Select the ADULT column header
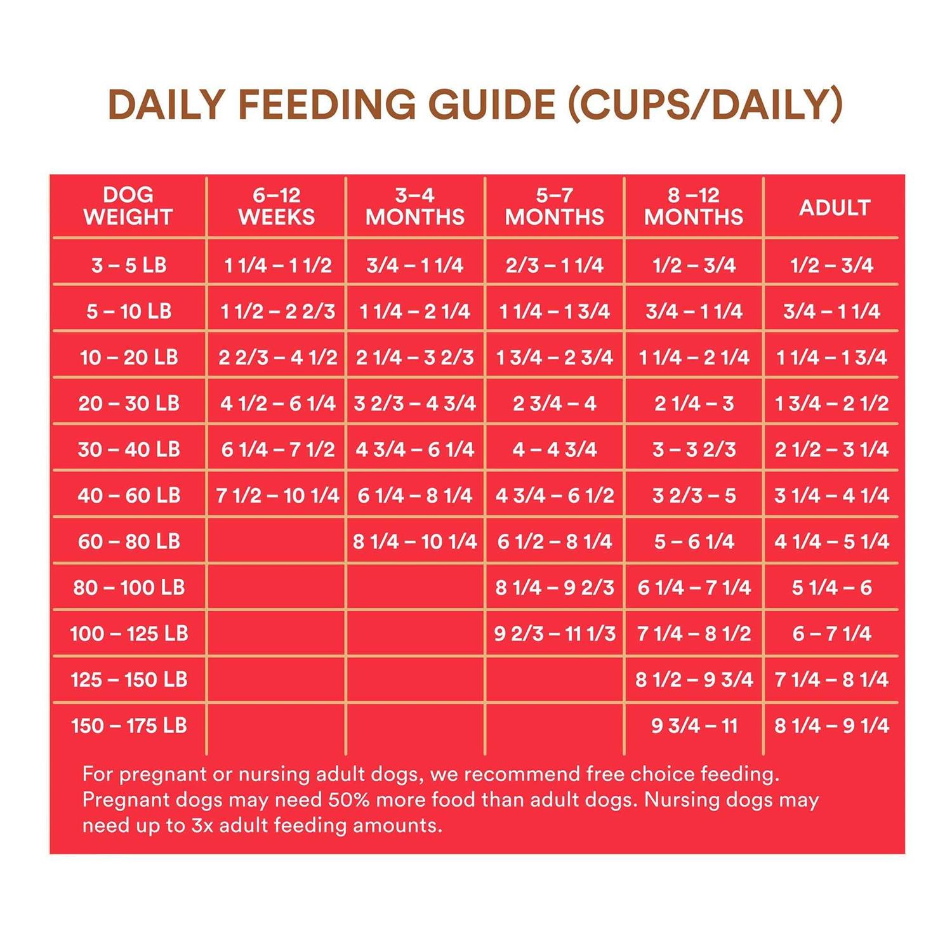834,208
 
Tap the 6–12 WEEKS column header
277,206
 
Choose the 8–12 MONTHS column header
694,206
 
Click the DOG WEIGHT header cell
128,206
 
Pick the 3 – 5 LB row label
129,265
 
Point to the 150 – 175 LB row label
129,725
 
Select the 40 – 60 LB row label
129,495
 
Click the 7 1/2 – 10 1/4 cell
277,495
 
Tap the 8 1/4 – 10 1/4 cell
415,541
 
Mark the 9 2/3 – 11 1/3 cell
555,633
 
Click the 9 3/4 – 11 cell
694,725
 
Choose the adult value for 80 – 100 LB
831,588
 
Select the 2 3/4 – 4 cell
555,403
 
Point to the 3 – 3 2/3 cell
694,449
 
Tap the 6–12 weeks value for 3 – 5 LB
277,265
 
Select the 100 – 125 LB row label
129,633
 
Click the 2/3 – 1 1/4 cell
555,265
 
